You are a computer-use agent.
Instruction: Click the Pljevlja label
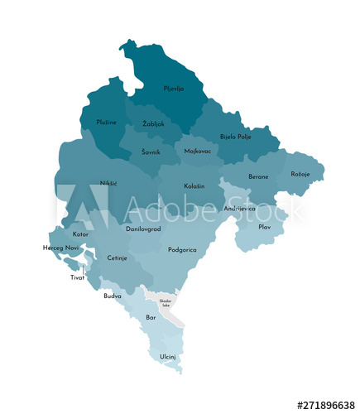coord(174,88)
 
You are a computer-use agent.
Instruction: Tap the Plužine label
coord(106,123)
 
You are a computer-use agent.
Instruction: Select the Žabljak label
coord(153,123)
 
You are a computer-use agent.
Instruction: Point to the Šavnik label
coord(151,152)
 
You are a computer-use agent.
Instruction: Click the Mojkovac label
coord(197,152)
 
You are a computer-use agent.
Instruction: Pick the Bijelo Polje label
coord(235,137)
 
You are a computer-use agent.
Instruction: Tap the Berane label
coord(258,176)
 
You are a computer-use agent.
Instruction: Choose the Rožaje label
coord(300,174)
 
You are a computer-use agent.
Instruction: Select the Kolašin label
coord(194,186)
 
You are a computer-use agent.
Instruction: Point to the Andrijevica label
coord(239,208)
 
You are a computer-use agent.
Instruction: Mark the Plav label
coord(265,226)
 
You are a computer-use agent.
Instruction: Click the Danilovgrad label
coord(143,228)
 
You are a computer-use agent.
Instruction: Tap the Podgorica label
coord(182,249)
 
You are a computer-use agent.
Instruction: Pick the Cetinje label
coord(117,258)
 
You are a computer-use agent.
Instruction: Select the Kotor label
coord(80,234)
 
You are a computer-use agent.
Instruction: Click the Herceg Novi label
coord(60,248)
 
